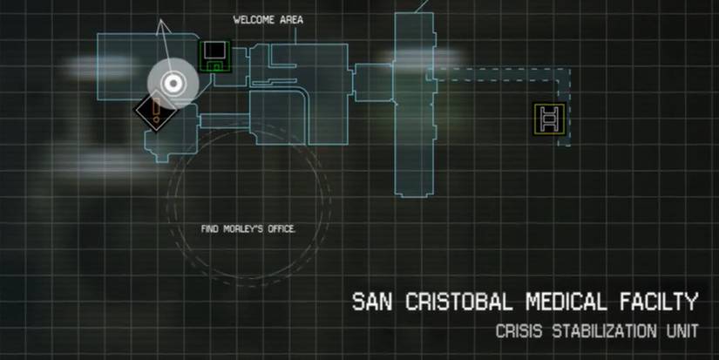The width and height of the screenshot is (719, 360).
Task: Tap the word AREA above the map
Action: click(x=291, y=20)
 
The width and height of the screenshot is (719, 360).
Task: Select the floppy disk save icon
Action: click(x=215, y=57)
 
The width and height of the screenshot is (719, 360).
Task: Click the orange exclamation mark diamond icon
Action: click(x=156, y=111)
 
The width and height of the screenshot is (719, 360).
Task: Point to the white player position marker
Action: click(x=173, y=84)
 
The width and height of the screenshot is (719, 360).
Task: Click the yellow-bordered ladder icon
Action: click(x=550, y=119)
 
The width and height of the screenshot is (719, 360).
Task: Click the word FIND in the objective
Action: click(x=209, y=229)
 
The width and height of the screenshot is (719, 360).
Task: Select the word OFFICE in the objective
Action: click(x=281, y=229)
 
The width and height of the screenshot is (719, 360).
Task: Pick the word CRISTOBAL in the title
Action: click(x=458, y=302)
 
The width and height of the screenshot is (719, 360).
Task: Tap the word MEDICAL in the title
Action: click(x=566, y=302)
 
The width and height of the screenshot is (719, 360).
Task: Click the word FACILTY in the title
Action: click(x=659, y=302)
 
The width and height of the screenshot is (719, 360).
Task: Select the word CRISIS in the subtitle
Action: click(x=519, y=331)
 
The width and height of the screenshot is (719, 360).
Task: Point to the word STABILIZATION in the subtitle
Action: click(x=604, y=331)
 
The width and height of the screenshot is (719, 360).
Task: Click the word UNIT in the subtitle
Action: click(x=682, y=331)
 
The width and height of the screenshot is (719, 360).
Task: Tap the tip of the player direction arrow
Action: click(x=160, y=20)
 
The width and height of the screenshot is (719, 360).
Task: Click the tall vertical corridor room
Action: click(x=415, y=105)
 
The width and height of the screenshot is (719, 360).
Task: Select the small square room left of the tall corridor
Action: click(x=373, y=82)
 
